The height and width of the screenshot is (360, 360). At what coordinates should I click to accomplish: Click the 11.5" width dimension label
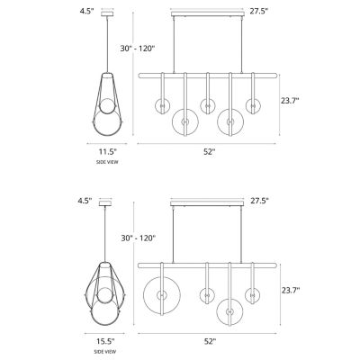click(x=108, y=153)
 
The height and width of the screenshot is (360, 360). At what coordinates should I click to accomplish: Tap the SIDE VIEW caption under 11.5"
click(x=108, y=162)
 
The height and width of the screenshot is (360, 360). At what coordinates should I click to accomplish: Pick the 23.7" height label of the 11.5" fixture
click(x=288, y=101)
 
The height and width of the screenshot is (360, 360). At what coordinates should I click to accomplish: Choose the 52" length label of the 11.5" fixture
click(x=209, y=153)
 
